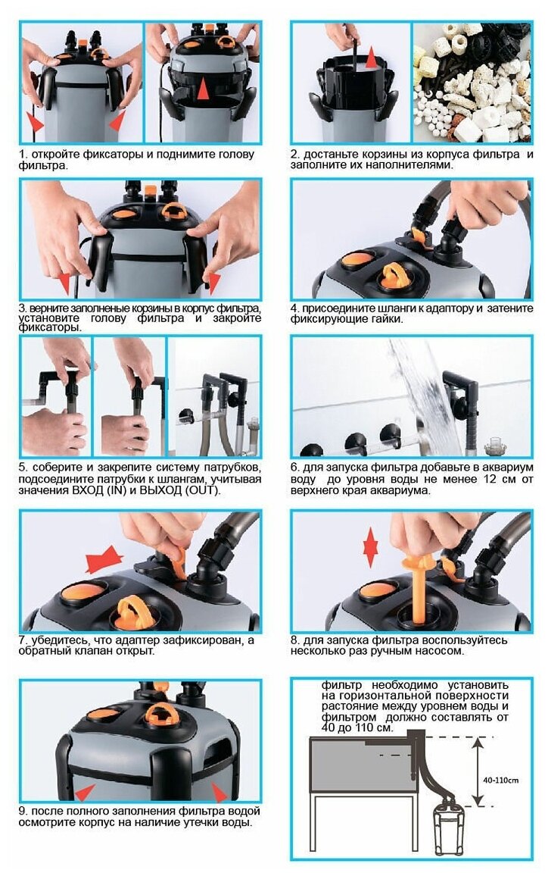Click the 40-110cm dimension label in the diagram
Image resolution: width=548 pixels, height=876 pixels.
tap(502, 780)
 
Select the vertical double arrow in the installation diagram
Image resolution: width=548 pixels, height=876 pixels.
tap(477, 771)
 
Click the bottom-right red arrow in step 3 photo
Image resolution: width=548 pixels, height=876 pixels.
tap(213, 281)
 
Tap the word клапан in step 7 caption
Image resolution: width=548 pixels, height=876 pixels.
tap(90, 651)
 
